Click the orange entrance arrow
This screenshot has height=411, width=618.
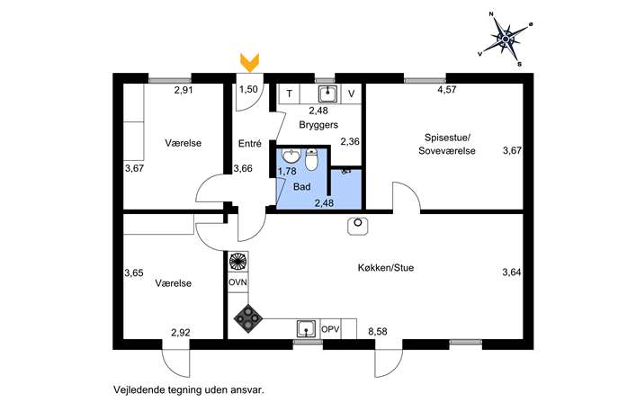click(x=250, y=62)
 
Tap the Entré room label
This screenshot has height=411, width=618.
click(x=249, y=143)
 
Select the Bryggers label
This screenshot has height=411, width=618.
click(x=318, y=125)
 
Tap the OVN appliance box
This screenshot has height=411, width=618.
click(x=237, y=281)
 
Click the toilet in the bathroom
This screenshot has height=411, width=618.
click(x=311, y=160)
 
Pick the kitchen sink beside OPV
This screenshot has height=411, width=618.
click(x=307, y=329)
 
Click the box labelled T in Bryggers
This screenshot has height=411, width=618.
click(x=289, y=93)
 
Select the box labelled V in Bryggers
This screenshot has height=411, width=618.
click(x=352, y=93)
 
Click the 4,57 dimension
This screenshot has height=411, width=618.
click(x=446, y=90)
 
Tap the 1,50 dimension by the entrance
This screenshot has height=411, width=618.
click(x=248, y=90)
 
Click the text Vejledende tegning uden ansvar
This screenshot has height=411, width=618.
click(x=190, y=390)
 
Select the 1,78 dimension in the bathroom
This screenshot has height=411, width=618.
click(x=287, y=171)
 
